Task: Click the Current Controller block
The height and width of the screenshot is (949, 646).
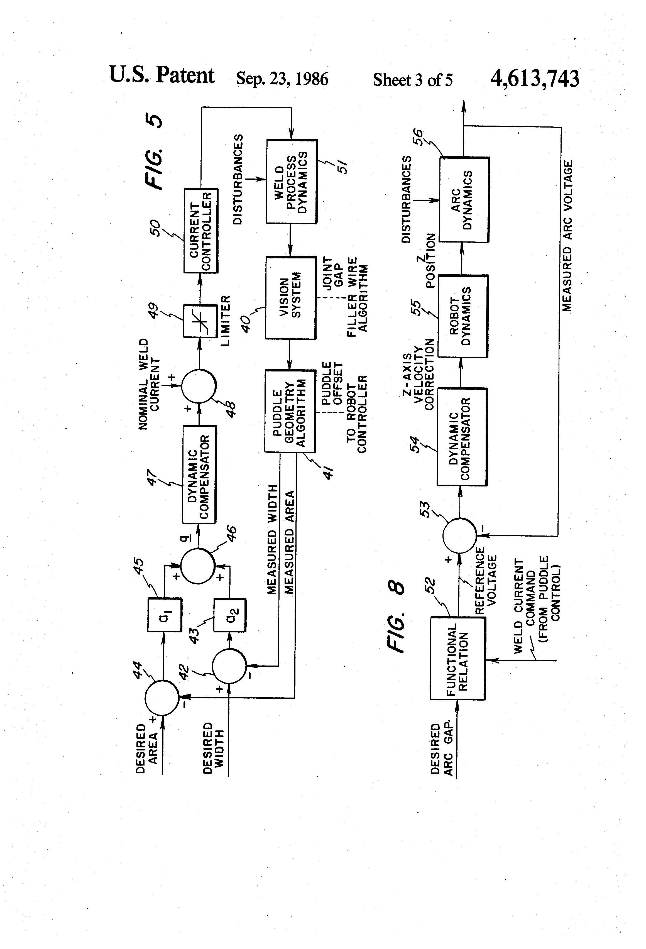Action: (x=200, y=231)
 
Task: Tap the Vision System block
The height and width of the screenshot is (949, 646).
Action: (x=291, y=298)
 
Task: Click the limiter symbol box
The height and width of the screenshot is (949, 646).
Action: (x=200, y=321)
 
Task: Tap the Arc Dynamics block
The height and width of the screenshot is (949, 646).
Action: (x=464, y=200)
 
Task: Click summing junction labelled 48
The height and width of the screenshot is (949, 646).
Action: (x=199, y=386)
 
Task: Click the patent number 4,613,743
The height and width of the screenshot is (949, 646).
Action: (x=535, y=79)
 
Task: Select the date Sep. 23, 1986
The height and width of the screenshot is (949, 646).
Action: (x=282, y=79)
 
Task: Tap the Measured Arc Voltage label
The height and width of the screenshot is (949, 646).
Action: (x=567, y=236)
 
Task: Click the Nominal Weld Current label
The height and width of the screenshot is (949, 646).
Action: (x=149, y=384)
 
